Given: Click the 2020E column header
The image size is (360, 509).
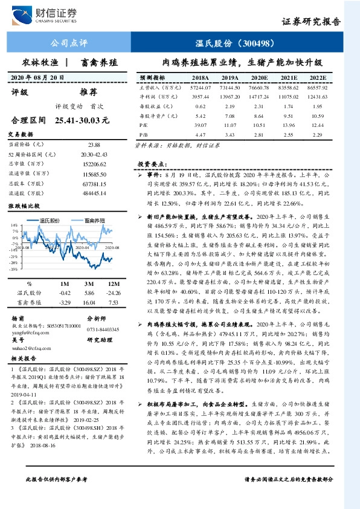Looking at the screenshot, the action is [259, 78].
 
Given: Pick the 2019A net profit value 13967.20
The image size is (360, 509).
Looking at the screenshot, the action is [230, 97].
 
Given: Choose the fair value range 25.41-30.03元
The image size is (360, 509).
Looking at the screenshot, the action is [81, 121].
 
